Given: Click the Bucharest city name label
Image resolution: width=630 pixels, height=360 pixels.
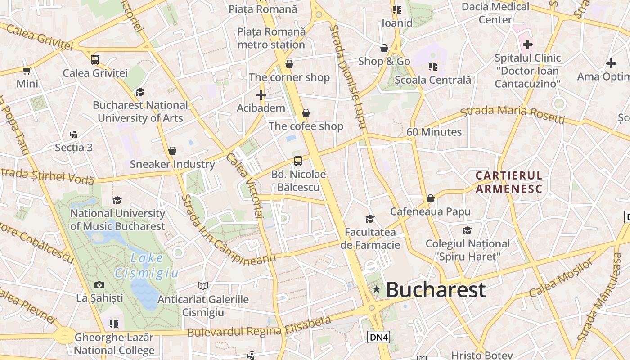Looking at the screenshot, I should (x=436, y=290).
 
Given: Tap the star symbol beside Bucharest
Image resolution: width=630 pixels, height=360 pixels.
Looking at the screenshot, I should (x=377, y=289).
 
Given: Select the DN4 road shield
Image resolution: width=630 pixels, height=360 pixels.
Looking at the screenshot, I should (x=378, y=337).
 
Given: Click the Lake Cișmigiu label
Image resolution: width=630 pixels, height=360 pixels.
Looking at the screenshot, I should (x=147, y=265).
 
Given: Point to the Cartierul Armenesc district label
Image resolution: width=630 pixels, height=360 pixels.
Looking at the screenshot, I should (x=509, y=182).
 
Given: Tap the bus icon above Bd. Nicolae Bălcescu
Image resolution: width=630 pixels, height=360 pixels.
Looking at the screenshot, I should (x=298, y=161).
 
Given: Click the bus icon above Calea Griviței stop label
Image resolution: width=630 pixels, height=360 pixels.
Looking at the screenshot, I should (x=95, y=60).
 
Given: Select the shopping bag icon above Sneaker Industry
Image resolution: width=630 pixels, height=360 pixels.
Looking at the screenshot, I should (x=172, y=151).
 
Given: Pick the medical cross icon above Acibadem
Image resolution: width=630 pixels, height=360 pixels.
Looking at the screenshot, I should (x=261, y=95).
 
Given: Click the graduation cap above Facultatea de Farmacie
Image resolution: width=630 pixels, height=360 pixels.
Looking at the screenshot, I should (x=370, y=219).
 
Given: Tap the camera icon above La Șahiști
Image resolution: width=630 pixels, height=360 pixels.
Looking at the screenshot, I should (x=99, y=285).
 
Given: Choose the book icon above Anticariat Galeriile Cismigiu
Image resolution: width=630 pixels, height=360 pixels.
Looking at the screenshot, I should (x=203, y=286).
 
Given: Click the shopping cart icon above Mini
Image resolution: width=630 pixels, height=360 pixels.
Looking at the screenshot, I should (x=27, y=71).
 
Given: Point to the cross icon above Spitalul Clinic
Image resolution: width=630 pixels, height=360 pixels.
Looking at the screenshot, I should (x=527, y=45).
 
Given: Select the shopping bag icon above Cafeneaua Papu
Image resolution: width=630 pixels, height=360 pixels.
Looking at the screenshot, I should (x=431, y=198).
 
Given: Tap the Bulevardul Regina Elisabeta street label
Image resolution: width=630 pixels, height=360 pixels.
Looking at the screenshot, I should (x=259, y=328).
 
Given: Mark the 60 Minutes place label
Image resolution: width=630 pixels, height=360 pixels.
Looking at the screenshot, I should (x=434, y=132).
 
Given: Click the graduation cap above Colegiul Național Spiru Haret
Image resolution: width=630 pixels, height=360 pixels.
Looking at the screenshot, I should (x=468, y=231).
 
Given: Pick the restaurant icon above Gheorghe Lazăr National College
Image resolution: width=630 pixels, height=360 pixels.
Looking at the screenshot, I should (x=114, y=324).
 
